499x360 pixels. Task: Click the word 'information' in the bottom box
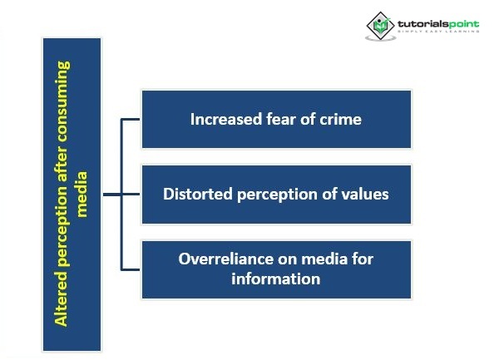[276, 279]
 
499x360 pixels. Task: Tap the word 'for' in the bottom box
[362, 259]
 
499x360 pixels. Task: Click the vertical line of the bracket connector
[122, 195]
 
